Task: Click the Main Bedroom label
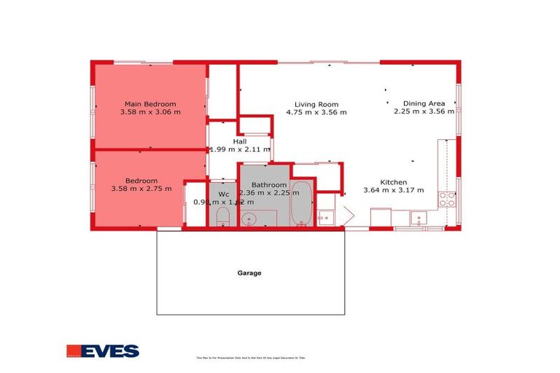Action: pyautogui.click(x=150, y=103)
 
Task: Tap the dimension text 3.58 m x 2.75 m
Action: pyautogui.click(x=141, y=189)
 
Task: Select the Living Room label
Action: pyautogui.click(x=316, y=103)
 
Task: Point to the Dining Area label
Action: pyautogui.click(x=424, y=103)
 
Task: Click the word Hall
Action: pyautogui.click(x=240, y=141)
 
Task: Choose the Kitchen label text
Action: pyautogui.click(x=394, y=182)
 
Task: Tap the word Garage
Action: pyautogui.click(x=249, y=273)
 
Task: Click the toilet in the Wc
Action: pyautogui.click(x=224, y=216)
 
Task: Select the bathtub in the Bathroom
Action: pyautogui.click(x=301, y=205)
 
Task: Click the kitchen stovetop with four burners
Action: pyautogui.click(x=447, y=200)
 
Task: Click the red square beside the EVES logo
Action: pyautogui.click(x=73, y=351)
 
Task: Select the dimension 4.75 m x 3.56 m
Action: pyautogui.click(x=316, y=112)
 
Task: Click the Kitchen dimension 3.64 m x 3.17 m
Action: pyautogui.click(x=393, y=191)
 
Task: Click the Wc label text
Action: pyautogui.click(x=224, y=194)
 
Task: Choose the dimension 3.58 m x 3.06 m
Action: pyautogui.click(x=150, y=112)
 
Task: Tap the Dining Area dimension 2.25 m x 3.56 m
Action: pyautogui.click(x=424, y=112)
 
